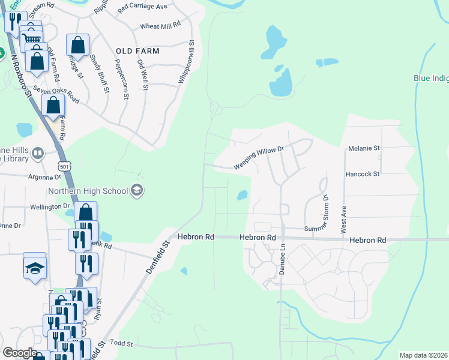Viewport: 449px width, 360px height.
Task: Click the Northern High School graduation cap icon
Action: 137,191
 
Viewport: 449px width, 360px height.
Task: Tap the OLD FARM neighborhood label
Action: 138,51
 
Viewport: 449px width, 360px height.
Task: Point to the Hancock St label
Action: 363,174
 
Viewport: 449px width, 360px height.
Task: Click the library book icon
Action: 38,154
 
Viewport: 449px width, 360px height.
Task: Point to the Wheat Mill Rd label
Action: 160,26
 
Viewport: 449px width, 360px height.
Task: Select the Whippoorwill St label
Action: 187,62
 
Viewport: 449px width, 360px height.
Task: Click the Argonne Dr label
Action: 45,177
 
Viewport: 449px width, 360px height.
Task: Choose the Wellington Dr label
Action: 50,206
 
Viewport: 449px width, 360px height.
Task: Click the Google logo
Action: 19,353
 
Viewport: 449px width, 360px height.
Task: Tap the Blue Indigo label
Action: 431,78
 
